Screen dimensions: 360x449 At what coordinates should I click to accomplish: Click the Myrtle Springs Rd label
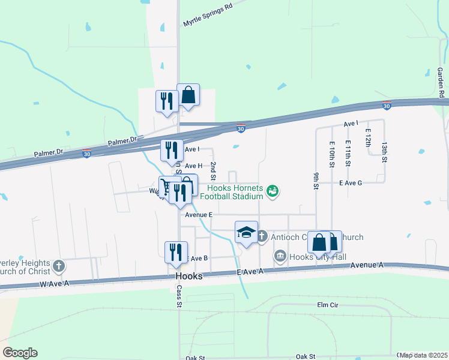[208, 16]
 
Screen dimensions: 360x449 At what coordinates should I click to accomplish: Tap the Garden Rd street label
[441, 82]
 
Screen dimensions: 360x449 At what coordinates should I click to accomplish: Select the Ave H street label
[193, 166]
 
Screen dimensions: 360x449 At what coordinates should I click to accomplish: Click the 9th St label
[316, 179]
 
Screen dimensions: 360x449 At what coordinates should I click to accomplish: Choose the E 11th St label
[348, 154]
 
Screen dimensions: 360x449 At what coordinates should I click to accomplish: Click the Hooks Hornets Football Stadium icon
[273, 191]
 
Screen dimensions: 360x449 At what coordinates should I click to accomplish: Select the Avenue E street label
[199, 214]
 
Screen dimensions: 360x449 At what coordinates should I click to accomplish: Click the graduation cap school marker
[246, 232]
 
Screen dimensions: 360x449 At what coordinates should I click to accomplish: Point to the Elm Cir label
[328, 305]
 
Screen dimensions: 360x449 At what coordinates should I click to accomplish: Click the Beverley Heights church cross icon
[58, 265]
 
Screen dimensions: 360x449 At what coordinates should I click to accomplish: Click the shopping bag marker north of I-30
[188, 95]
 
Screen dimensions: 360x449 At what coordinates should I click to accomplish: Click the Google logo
[20, 353]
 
